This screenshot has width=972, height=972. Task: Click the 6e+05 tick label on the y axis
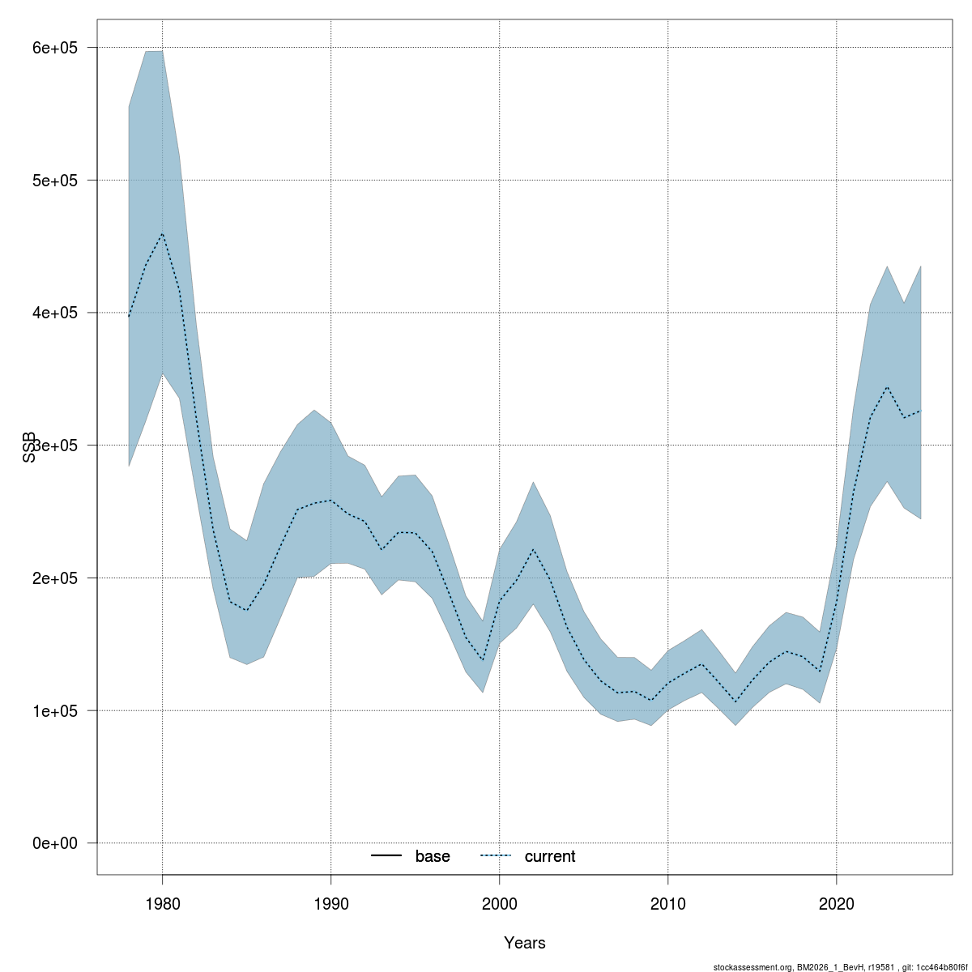point(55,48)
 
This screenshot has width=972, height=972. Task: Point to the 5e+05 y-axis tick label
point(55,181)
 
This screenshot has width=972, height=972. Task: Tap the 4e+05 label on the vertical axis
point(55,313)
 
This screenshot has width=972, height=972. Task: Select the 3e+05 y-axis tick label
point(55,446)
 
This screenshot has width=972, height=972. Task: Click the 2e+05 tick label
point(55,578)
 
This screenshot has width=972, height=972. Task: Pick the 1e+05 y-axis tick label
point(55,711)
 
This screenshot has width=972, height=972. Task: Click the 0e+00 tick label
point(55,843)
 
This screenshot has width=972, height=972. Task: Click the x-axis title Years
point(524,943)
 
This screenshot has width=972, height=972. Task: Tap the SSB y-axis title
point(29,446)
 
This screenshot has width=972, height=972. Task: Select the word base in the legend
point(433,857)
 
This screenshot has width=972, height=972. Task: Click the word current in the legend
point(550,857)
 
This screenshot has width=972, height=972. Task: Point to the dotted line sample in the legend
point(497,856)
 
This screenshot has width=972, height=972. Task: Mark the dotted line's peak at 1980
point(162,234)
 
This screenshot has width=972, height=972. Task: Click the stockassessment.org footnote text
point(840,967)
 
